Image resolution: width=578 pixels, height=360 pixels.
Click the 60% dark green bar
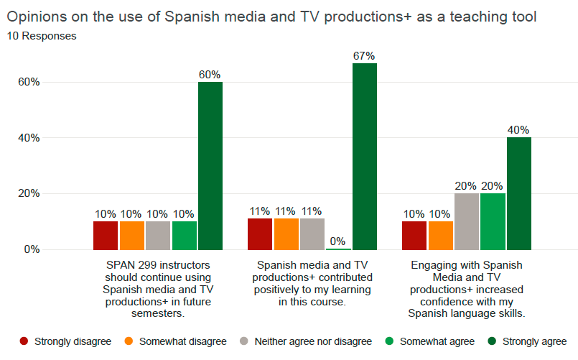(x=210, y=165)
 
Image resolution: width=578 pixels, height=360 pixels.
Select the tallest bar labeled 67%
(x=364, y=156)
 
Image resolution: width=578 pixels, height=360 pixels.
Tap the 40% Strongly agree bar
(x=518, y=193)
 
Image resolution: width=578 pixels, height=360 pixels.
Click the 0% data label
(x=338, y=241)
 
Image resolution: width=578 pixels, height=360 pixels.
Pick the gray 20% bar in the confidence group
(x=467, y=221)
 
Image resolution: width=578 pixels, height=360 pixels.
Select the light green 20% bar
(x=493, y=221)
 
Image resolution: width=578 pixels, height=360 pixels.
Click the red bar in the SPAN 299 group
(x=106, y=235)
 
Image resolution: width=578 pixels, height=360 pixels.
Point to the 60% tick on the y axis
(x=29, y=82)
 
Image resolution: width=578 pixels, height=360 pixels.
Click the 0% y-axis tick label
(x=32, y=249)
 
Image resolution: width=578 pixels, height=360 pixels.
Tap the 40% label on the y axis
(x=29, y=138)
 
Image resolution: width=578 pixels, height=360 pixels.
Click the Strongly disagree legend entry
(x=65, y=341)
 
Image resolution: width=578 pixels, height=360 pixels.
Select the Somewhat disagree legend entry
(x=175, y=341)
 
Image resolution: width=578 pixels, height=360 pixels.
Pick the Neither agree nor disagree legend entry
(x=305, y=341)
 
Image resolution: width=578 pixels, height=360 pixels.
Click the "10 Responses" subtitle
(x=42, y=34)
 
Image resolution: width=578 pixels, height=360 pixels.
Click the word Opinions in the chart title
(x=37, y=17)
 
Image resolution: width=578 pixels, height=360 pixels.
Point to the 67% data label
(x=364, y=55)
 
